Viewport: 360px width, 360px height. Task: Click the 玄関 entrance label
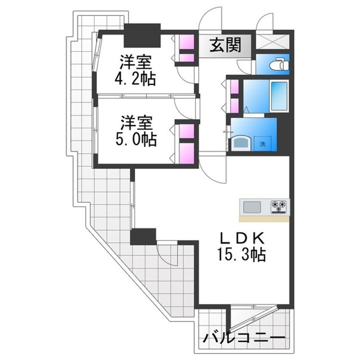pos(225,45)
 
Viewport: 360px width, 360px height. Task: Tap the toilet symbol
pos(279,64)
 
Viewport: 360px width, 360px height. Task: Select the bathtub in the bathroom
pos(279,96)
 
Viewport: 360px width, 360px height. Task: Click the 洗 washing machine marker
pos(262,144)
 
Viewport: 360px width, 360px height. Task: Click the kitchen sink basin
pos(252,207)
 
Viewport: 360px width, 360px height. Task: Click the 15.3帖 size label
pos(241,254)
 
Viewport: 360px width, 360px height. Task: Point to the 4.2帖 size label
pos(135,78)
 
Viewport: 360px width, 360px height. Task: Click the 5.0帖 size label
pos(136,139)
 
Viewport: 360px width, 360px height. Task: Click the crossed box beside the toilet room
pos(272,41)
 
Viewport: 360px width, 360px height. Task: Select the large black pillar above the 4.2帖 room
pos(142,35)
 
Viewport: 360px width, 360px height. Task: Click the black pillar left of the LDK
pos(143,236)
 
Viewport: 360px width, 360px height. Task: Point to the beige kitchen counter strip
pos(264,219)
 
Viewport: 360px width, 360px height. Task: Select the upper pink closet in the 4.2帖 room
pos(186,41)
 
